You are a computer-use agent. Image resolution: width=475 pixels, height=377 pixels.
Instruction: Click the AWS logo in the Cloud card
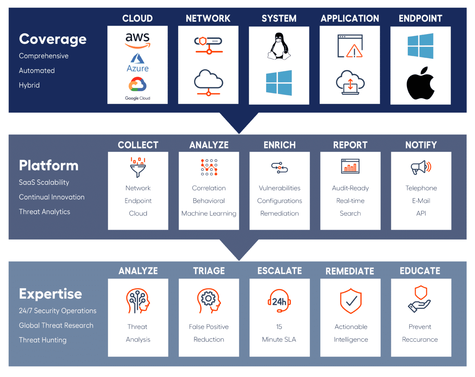click(138, 40)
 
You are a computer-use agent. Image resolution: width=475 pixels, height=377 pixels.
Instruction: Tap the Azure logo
click(138, 62)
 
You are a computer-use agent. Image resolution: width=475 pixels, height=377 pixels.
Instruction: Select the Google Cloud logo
click(138, 88)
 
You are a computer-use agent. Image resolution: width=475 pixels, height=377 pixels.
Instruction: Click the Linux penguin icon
click(279, 46)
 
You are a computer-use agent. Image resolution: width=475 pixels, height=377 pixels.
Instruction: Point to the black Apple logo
click(420, 83)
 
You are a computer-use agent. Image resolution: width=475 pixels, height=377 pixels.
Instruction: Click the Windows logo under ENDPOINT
click(420, 46)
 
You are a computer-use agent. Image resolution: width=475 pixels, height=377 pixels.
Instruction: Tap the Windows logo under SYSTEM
click(279, 83)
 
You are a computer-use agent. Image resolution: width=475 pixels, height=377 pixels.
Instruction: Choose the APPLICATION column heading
click(350, 18)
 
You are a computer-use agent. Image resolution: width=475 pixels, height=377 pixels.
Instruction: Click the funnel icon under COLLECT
click(138, 167)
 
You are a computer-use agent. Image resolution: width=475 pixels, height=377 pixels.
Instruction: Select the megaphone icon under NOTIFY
click(421, 167)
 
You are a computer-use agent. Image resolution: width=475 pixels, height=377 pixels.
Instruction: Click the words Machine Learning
click(209, 213)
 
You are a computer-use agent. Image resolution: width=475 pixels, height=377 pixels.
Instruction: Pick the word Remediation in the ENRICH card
click(279, 213)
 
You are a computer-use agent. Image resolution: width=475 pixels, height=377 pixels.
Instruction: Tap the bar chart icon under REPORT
click(350, 166)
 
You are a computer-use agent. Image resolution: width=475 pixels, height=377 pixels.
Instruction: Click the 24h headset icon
click(279, 301)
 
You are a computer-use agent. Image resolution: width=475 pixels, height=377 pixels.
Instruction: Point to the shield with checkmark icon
click(351, 301)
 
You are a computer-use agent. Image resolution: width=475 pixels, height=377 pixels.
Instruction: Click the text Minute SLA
click(279, 339)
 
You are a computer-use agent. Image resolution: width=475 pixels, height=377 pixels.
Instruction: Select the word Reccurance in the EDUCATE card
click(420, 339)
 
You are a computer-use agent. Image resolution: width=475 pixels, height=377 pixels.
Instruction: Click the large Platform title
click(49, 165)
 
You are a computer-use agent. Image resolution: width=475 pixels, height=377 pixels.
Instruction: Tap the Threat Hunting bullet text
click(43, 340)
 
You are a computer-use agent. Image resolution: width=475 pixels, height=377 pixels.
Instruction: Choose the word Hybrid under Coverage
click(29, 85)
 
